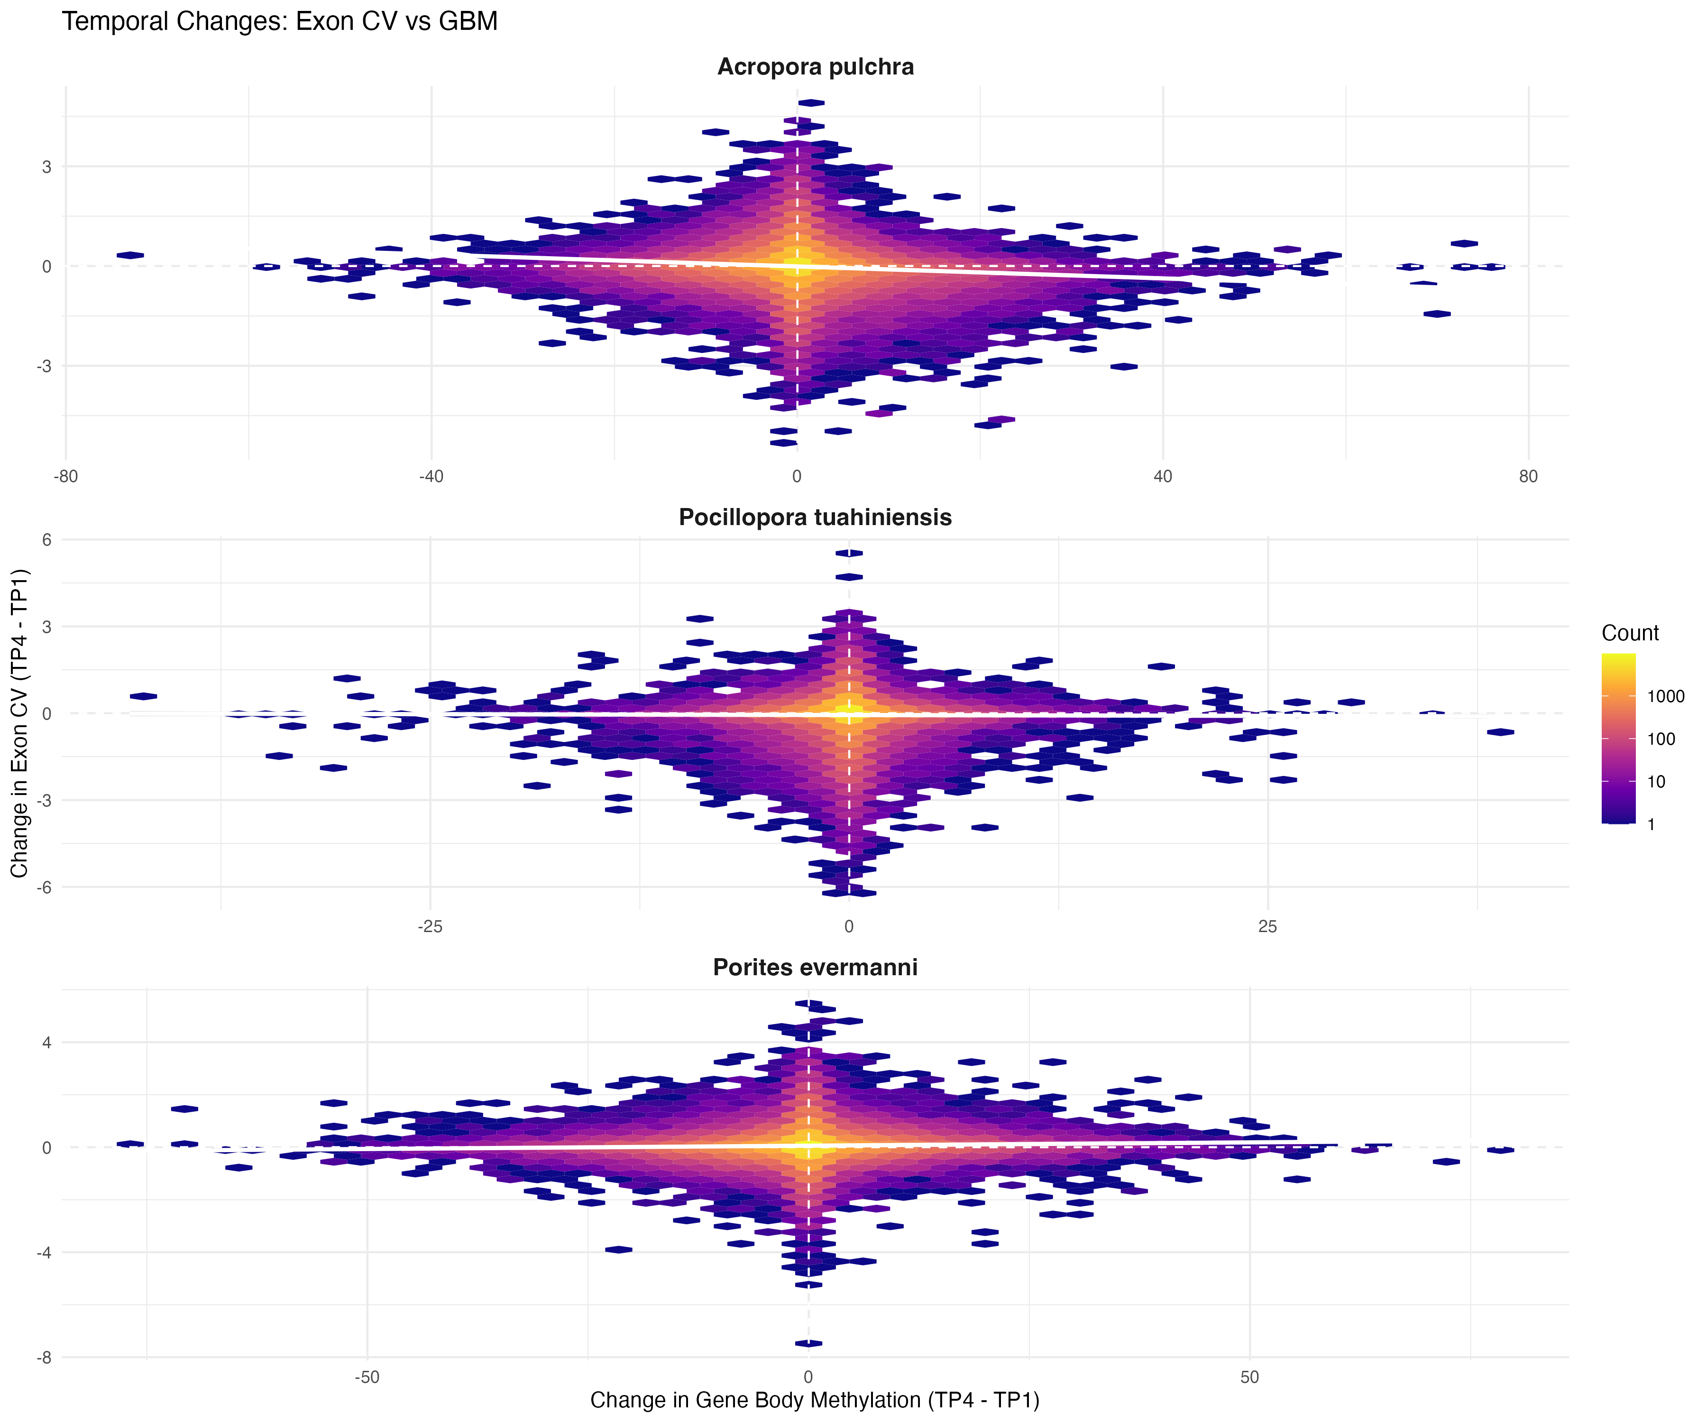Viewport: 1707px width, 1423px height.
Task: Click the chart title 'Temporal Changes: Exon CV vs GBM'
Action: (x=280, y=22)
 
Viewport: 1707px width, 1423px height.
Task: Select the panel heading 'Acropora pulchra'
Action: (x=815, y=67)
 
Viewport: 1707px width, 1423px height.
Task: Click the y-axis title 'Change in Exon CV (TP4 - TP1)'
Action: (x=19, y=723)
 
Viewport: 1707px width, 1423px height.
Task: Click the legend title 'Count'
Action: (x=1630, y=633)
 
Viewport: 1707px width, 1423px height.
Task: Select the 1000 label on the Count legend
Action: (x=1666, y=696)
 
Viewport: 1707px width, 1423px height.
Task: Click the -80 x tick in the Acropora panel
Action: (x=66, y=477)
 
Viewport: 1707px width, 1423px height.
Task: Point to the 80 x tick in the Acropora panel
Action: (x=1528, y=477)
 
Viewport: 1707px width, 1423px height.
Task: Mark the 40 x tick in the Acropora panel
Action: (x=1162, y=477)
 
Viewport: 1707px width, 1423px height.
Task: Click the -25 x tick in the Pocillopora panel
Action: (x=430, y=926)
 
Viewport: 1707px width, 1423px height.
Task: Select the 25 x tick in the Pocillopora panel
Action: (x=1268, y=926)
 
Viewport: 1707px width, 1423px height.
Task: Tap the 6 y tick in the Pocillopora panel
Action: (x=46, y=540)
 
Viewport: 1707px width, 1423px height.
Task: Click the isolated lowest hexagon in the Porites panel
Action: (x=808, y=1343)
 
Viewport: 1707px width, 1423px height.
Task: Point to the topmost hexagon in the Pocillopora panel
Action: (x=849, y=553)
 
